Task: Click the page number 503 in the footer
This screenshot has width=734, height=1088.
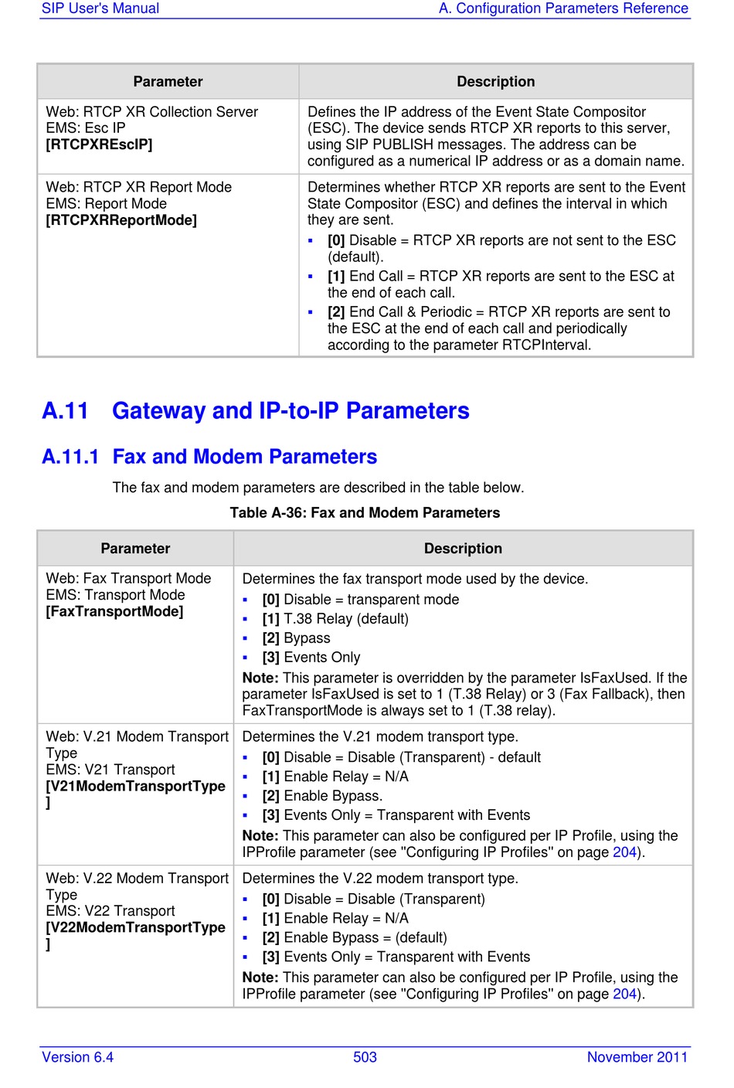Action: pyautogui.click(x=365, y=1057)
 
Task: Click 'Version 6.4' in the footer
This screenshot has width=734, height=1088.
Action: pyautogui.click(x=77, y=1057)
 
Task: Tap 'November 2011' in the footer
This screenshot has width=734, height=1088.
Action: pyautogui.click(x=637, y=1057)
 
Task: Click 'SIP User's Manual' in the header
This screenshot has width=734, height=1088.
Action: pyautogui.click(x=100, y=8)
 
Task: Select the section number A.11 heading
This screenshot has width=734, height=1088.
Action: pyautogui.click(x=66, y=410)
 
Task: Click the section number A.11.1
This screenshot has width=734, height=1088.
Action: pyautogui.click(x=70, y=457)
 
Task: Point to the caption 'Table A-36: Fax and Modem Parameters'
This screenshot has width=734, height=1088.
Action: pyautogui.click(x=365, y=512)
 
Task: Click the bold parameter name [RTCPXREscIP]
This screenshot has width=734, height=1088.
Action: pyautogui.click(x=99, y=144)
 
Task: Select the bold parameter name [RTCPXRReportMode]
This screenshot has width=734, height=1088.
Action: pyautogui.click(x=121, y=220)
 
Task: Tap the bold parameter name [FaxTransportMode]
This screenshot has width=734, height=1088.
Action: pyautogui.click(x=114, y=611)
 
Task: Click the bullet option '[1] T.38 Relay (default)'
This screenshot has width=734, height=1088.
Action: pyautogui.click(x=335, y=619)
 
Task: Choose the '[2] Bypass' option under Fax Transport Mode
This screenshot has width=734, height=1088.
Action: pyautogui.click(x=296, y=638)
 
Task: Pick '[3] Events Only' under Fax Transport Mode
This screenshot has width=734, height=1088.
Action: pyautogui.click(x=311, y=658)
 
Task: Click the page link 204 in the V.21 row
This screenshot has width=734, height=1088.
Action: pyautogui.click(x=624, y=852)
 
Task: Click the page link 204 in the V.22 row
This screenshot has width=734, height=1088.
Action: pyautogui.click(x=624, y=994)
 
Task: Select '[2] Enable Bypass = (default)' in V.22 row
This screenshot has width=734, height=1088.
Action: pyautogui.click(x=354, y=937)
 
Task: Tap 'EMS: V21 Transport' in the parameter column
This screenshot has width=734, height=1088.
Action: pyautogui.click(x=110, y=770)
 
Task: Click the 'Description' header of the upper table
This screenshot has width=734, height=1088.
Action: pyautogui.click(x=495, y=82)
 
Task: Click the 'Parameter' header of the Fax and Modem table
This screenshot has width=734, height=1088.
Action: pyautogui.click(x=135, y=549)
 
